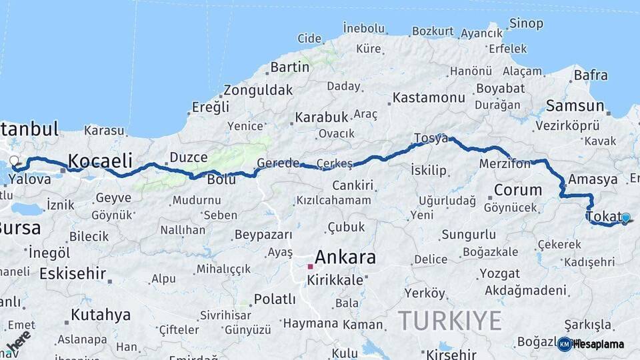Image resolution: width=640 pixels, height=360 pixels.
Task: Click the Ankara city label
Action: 345,257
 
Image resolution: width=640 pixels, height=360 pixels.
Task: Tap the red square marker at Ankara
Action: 310,267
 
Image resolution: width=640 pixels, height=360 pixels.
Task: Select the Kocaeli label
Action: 100,161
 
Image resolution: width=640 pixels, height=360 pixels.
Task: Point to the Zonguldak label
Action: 258,90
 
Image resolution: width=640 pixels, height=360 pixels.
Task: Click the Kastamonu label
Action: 429,97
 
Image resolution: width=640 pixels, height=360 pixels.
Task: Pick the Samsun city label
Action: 575,105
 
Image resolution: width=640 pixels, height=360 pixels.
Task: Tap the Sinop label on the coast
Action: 526,24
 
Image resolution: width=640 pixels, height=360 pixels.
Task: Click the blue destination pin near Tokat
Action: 625,217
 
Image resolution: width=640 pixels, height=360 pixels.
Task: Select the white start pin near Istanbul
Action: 14,161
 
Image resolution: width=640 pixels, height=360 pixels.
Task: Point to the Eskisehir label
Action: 73,273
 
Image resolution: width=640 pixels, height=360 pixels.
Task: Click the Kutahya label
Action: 101,315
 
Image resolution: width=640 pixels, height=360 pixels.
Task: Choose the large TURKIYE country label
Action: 450,321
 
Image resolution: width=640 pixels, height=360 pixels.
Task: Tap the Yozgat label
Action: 499,273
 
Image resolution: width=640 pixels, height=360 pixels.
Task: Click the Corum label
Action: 518,190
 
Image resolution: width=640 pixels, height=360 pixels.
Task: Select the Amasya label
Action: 593,179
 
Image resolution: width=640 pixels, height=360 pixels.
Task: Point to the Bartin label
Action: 290,67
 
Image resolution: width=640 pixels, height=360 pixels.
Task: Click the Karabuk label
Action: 321,117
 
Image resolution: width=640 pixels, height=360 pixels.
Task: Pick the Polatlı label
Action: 275,299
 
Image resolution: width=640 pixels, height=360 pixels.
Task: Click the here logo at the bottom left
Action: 18,341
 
